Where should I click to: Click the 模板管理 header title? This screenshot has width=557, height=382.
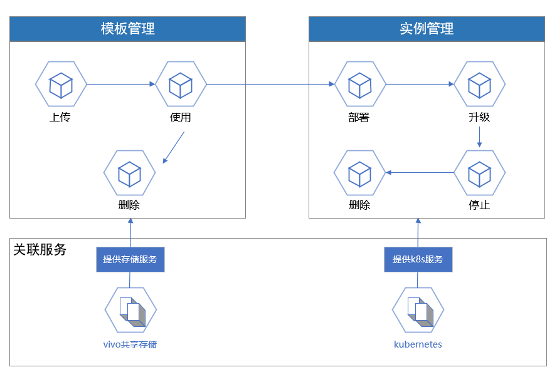(x=127, y=29)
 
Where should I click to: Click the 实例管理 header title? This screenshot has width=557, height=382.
(x=427, y=29)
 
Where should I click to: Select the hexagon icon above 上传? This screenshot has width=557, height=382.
(x=61, y=85)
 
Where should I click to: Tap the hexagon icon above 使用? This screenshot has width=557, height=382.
(x=181, y=85)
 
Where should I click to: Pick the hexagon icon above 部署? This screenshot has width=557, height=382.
(x=360, y=85)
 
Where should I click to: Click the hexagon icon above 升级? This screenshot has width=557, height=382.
(x=479, y=85)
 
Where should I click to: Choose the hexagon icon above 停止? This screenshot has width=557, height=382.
(x=479, y=173)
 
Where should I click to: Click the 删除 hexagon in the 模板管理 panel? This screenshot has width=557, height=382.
(x=129, y=173)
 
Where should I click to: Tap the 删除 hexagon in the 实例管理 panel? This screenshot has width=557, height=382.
(x=359, y=173)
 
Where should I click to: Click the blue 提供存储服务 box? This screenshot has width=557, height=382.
(x=130, y=259)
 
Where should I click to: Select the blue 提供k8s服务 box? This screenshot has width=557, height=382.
(x=418, y=259)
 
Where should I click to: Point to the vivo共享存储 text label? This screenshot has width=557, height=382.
(x=130, y=344)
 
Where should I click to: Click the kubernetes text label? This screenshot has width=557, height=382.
(x=418, y=344)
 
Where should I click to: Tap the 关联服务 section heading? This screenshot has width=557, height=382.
(x=40, y=250)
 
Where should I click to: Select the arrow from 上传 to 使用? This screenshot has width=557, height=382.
(x=120, y=84)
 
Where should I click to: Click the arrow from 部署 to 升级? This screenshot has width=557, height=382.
(x=420, y=84)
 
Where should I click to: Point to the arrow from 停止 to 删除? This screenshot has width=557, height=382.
(x=420, y=172)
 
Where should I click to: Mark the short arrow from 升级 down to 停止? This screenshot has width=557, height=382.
(x=479, y=137)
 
